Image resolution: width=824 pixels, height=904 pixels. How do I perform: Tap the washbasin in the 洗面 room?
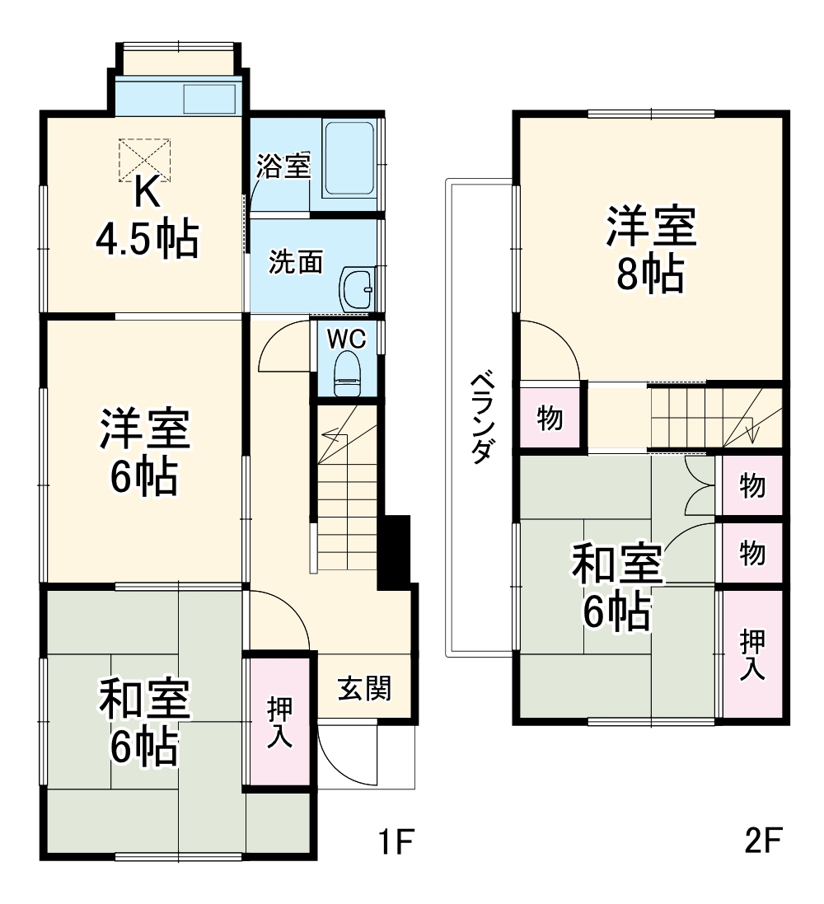click(357, 288)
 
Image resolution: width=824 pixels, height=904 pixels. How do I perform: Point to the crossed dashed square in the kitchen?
click(145, 158)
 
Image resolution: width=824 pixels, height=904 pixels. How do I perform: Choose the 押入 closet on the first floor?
click(279, 721)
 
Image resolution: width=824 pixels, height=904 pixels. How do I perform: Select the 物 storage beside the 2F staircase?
click(550, 419)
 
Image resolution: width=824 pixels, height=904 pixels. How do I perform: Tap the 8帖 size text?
click(651, 277)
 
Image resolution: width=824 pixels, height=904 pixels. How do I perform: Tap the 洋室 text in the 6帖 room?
click(145, 430)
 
